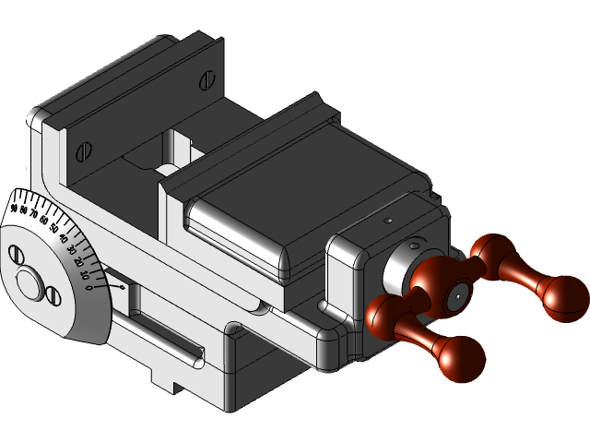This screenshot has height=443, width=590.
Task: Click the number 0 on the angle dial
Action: pyautogui.click(x=88, y=288)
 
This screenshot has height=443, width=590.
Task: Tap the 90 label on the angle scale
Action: pyautogui.click(x=14, y=209)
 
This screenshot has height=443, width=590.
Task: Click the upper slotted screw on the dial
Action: pyautogui.click(x=15, y=253)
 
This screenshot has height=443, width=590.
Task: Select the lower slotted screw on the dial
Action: pyautogui.click(x=53, y=296)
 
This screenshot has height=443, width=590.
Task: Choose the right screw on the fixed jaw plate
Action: pyautogui.click(x=210, y=81)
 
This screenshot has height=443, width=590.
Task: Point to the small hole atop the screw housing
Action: pyautogui.click(x=389, y=221)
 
